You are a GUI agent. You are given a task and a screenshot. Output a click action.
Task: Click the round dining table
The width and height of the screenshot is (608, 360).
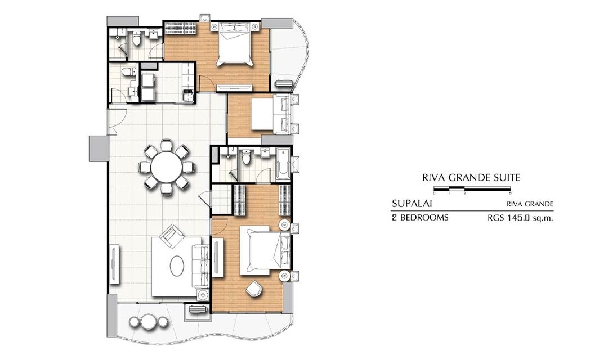point(166,167)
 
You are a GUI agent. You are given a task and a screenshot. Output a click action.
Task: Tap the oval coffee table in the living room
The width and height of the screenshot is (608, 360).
point(177,265)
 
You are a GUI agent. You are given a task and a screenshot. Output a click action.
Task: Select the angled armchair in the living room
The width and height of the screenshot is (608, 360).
point(172,237)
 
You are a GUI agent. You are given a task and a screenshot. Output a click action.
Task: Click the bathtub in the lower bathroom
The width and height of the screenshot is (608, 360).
point(283,164)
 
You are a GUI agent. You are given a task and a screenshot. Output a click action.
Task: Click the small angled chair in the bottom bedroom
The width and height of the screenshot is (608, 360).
point(254,288)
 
